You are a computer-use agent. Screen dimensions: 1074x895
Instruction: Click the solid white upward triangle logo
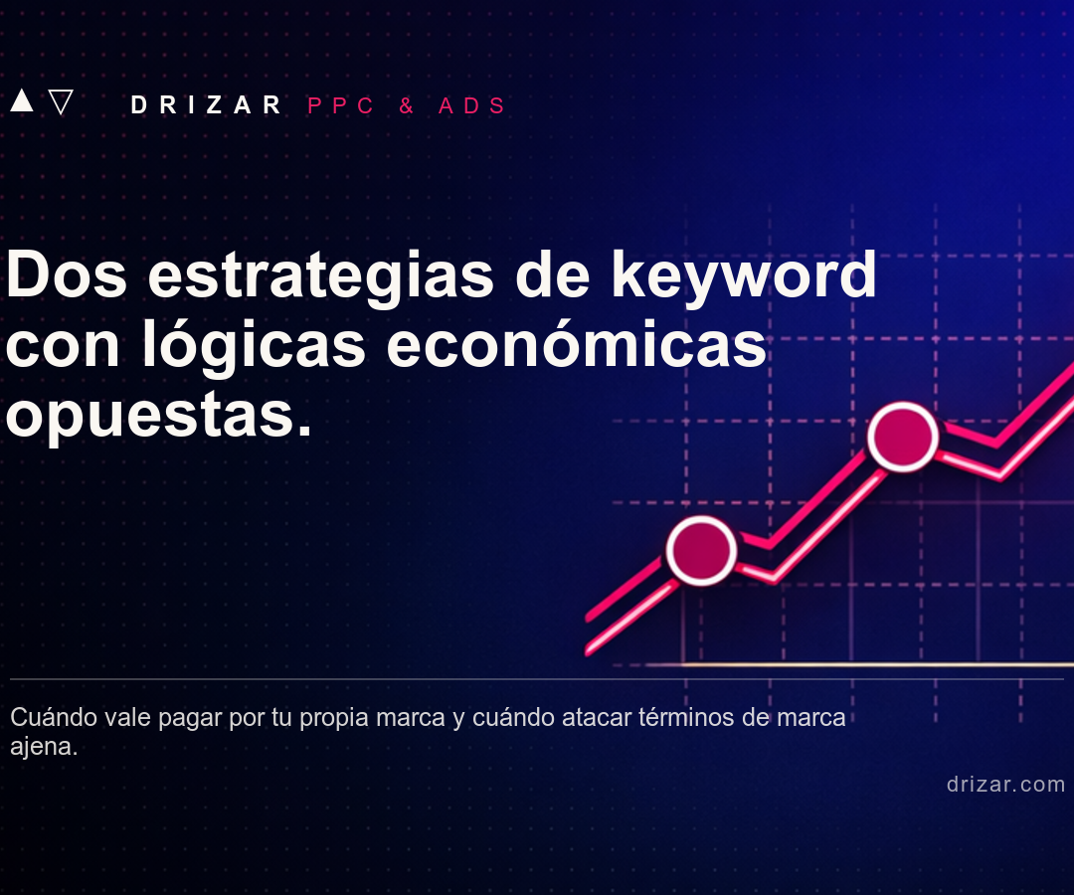pyautogui.click(x=22, y=100)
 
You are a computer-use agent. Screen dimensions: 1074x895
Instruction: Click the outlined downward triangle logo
pyautogui.click(x=61, y=101)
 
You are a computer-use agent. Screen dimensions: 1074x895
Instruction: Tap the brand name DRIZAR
pyautogui.click(x=206, y=105)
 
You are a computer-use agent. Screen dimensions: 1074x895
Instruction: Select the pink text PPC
pyautogui.click(x=340, y=105)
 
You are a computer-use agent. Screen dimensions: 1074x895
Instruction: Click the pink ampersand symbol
pyautogui.click(x=406, y=105)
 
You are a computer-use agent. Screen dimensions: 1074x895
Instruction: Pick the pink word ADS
pyautogui.click(x=472, y=105)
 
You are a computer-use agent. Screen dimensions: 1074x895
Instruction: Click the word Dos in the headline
pyautogui.click(x=67, y=274)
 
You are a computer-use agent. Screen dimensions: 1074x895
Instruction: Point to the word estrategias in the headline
pyautogui.click(x=320, y=278)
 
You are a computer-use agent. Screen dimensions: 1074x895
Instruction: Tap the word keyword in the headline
pyautogui.click(x=744, y=278)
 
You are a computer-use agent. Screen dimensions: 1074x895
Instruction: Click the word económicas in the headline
pyautogui.click(x=577, y=343)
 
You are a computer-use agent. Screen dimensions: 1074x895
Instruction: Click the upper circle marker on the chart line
pyautogui.click(x=903, y=437)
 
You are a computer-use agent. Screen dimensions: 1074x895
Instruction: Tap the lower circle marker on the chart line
pyautogui.click(x=701, y=550)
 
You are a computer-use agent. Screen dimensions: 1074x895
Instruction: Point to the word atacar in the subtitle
pyautogui.click(x=597, y=717)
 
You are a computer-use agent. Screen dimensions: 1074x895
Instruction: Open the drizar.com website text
pyautogui.click(x=1005, y=784)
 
